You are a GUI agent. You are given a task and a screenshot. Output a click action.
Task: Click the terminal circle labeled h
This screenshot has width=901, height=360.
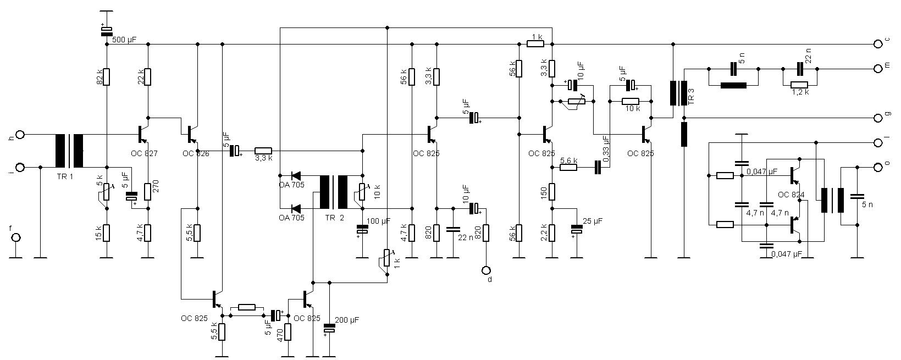point(20,134)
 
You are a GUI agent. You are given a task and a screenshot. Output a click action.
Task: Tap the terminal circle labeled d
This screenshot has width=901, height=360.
point(486,270)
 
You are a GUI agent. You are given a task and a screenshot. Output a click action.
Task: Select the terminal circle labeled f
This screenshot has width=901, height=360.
point(16,237)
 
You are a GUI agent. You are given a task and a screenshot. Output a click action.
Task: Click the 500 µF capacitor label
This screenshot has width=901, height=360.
point(124,40)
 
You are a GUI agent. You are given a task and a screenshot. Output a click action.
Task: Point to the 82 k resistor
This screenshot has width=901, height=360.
point(107,77)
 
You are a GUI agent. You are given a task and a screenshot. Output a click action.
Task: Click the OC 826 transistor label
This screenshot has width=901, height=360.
point(196,154)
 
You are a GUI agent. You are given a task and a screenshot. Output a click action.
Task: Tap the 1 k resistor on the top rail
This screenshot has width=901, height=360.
point(535,43)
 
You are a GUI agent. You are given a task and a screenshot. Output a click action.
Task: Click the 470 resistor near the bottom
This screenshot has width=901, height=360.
point(287,332)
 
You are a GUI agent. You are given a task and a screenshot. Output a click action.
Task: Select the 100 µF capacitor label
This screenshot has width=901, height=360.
point(379,220)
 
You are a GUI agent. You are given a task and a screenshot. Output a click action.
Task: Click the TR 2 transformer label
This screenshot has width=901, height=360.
point(334,218)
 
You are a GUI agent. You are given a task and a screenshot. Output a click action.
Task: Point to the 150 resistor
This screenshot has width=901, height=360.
point(553,191)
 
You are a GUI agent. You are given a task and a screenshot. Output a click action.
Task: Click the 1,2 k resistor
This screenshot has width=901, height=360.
point(800,85)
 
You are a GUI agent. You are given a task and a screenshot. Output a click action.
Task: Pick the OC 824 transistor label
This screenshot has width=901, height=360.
point(791,195)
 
